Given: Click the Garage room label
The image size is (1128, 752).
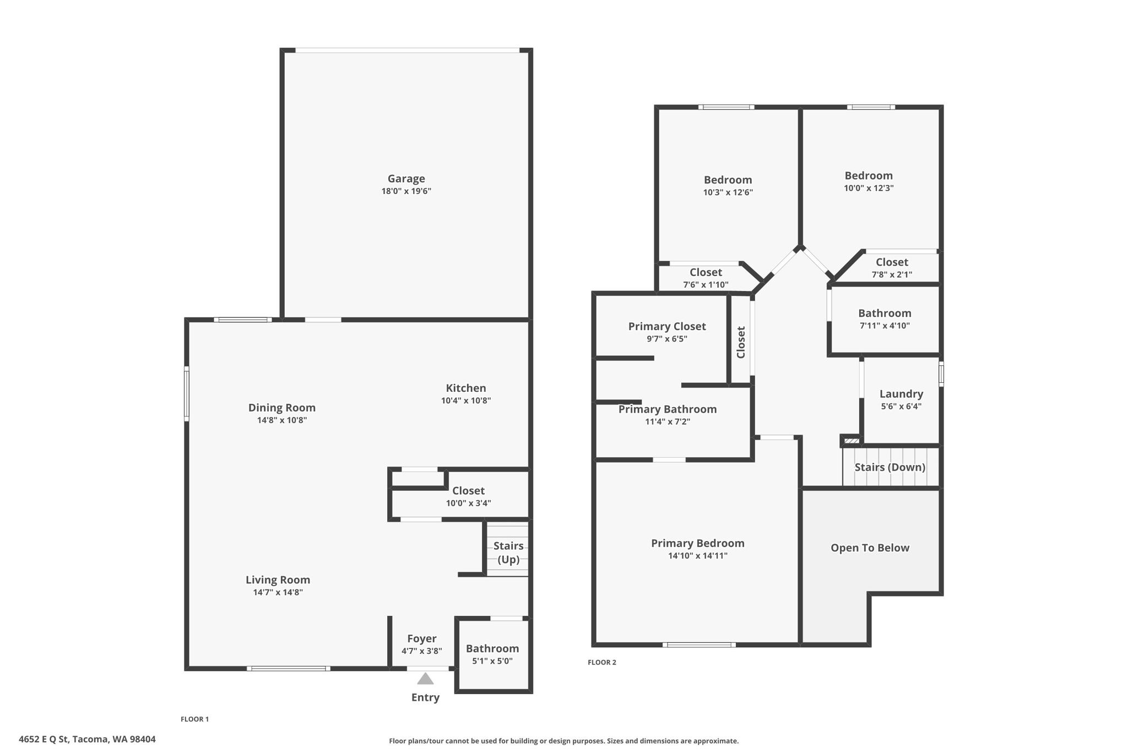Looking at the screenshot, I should (x=406, y=178).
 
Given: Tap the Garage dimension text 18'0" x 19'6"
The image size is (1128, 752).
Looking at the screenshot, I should (x=406, y=191).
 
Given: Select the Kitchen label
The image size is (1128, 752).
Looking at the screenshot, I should (x=465, y=388).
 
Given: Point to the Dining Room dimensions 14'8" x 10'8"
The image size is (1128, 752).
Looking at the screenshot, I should (x=281, y=420).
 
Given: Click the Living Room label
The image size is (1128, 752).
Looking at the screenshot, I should (x=278, y=580).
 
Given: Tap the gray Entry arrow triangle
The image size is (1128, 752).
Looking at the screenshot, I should (x=425, y=679).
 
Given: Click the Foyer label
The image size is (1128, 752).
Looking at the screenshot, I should (x=421, y=639).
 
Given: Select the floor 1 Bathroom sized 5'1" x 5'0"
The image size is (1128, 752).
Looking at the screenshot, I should (x=492, y=648).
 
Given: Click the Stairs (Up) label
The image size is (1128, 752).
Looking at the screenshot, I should (x=508, y=553).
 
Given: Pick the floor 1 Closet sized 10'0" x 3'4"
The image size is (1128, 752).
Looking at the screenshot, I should (x=468, y=490).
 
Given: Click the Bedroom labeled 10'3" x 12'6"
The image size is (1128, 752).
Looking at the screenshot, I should (x=728, y=180).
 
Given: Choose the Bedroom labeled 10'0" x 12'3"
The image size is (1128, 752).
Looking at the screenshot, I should (x=869, y=176).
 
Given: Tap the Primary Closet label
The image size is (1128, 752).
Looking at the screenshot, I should (x=667, y=326).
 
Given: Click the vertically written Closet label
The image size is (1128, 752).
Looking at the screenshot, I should (x=741, y=342).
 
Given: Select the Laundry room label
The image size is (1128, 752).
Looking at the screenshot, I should (x=901, y=394).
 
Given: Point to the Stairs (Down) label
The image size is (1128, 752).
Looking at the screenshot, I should (x=890, y=467).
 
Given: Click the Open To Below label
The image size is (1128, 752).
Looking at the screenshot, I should (x=870, y=548).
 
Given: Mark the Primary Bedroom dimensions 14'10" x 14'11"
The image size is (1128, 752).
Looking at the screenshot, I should (x=697, y=556).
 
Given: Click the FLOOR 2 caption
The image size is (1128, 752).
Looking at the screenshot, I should (x=601, y=662).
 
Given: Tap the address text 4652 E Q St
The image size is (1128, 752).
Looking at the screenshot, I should (x=87, y=739).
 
